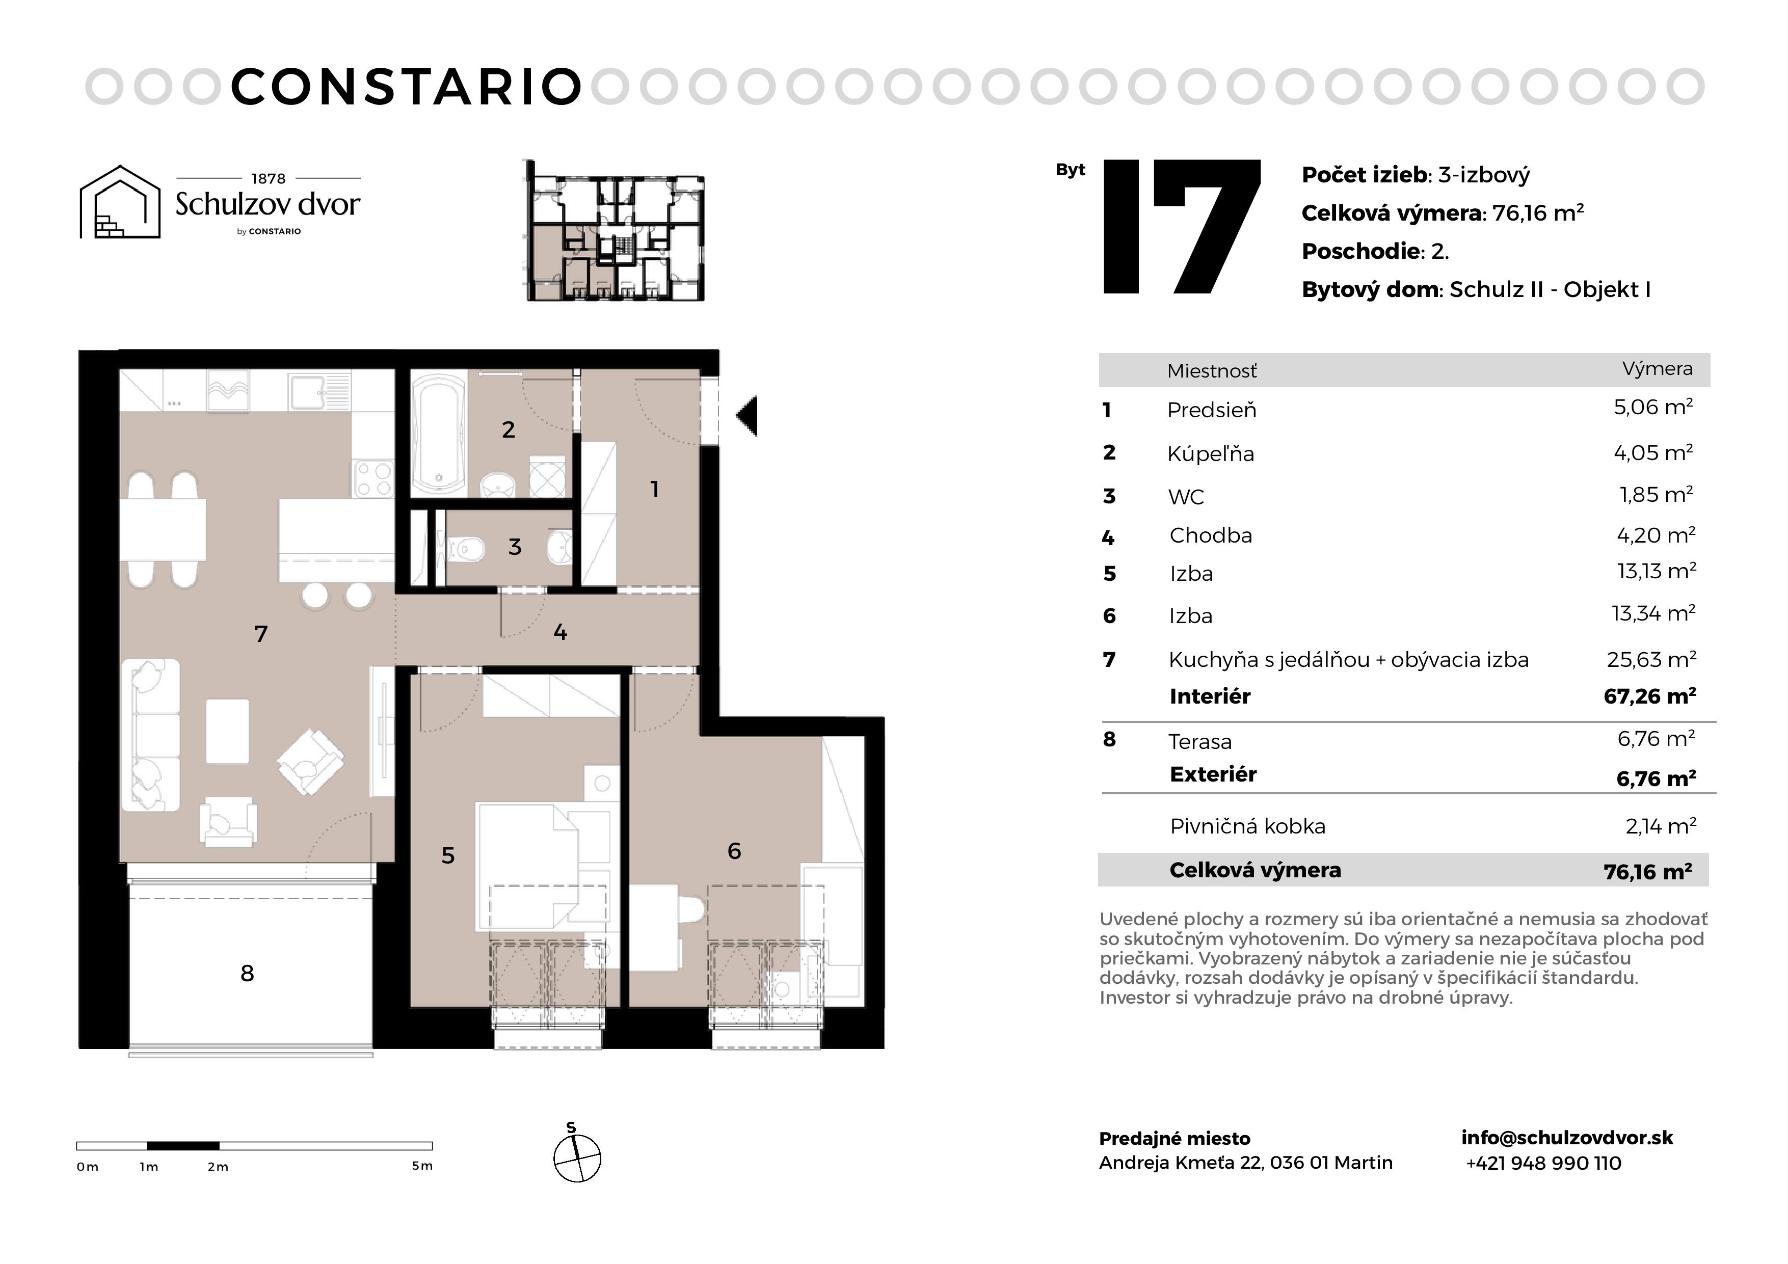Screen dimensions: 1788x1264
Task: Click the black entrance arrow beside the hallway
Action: [x=748, y=416]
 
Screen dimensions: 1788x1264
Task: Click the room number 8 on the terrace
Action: [x=247, y=974]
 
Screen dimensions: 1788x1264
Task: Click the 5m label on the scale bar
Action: [x=422, y=1166]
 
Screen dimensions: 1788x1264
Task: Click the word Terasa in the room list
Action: [x=1199, y=742]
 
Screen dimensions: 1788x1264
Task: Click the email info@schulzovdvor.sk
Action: [x=1567, y=1138]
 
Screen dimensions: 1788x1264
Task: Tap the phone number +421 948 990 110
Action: [x=1543, y=1164]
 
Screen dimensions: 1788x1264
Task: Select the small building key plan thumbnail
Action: [x=615, y=230]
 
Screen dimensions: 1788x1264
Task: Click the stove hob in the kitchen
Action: [x=373, y=479]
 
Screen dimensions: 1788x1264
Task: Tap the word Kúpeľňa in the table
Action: [x=1210, y=454]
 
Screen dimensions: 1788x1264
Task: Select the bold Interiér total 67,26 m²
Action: [x=1649, y=696]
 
